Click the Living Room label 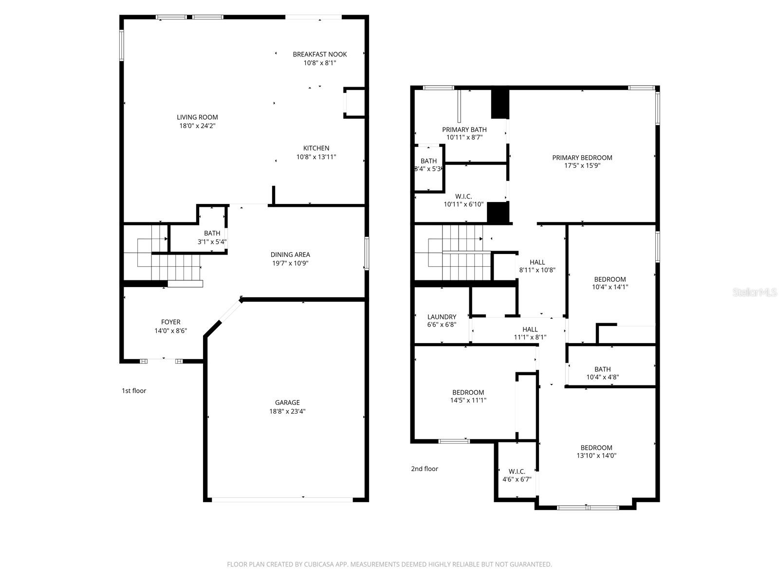pyautogui.click(x=197, y=117)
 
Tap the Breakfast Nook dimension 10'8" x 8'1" pyautogui.click(x=319, y=63)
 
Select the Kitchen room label pyautogui.click(x=316, y=148)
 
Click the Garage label pyautogui.click(x=287, y=402)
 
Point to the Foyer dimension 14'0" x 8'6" pyautogui.click(x=170, y=331)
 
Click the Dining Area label pyautogui.click(x=290, y=255)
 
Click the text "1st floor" pyautogui.click(x=134, y=391)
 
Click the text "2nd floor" pyautogui.click(x=425, y=469)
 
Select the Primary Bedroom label pyautogui.click(x=582, y=158)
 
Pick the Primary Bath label pyautogui.click(x=464, y=129)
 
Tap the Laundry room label pyautogui.click(x=442, y=317)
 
